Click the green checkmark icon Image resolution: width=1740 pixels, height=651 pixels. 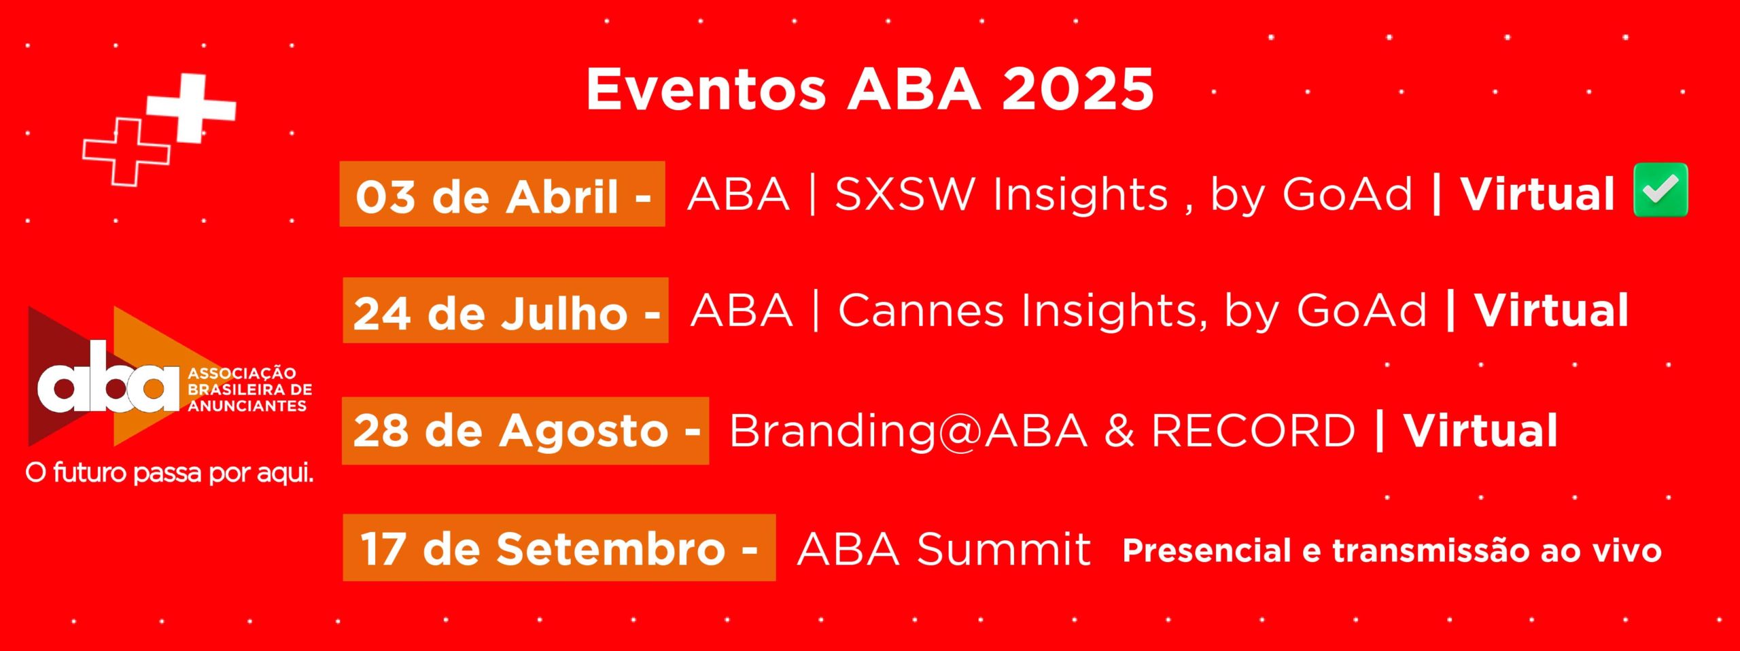tap(1660, 190)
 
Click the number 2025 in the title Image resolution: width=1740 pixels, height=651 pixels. tap(1078, 89)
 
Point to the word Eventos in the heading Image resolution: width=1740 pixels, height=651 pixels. tap(706, 89)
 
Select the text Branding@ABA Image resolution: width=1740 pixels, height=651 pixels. tap(908, 431)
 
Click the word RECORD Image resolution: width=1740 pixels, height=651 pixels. tap(1253, 431)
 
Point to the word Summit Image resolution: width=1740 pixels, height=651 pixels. tap(1003, 549)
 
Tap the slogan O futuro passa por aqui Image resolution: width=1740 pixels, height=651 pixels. tap(170, 473)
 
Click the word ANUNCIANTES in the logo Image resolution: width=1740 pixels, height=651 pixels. tap(247, 406)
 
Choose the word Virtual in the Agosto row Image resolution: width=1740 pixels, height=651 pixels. tap(1481, 431)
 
